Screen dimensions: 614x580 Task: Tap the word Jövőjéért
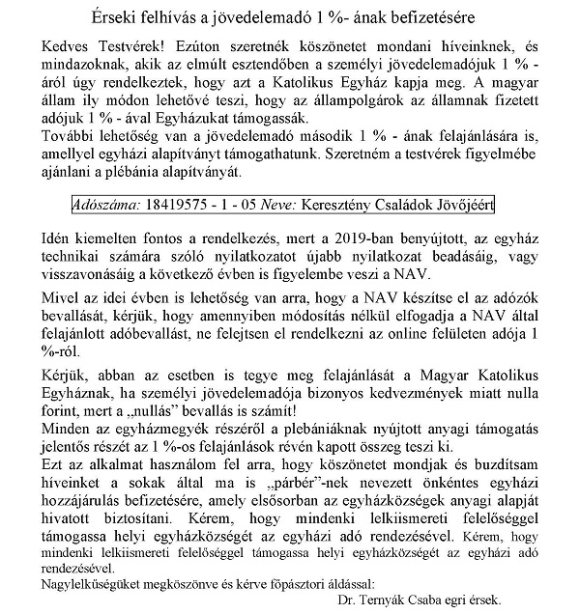[x=463, y=206]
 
